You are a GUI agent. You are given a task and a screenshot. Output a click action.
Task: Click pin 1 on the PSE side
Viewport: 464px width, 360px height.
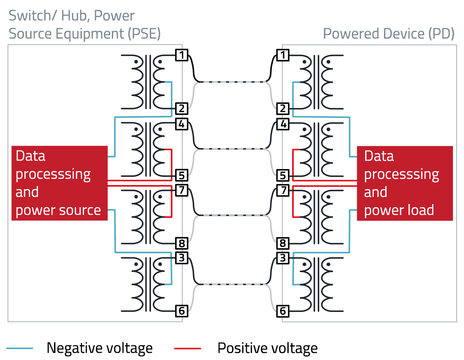click(181, 55)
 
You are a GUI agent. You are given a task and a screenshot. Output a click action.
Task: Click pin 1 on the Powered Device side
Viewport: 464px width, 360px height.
click(283, 55)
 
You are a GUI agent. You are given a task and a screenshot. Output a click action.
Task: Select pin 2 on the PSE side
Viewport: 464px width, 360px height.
click(181, 108)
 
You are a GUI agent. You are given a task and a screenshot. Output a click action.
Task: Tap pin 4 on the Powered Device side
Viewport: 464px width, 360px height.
click(283, 124)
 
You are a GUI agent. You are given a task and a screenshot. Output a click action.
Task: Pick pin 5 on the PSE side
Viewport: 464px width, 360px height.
click(181, 175)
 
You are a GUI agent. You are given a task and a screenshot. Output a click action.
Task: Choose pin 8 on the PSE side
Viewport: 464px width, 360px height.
click(181, 243)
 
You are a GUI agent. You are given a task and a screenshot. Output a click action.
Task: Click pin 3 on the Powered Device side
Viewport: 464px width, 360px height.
click(283, 258)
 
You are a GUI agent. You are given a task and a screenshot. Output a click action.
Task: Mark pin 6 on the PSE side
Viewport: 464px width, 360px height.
click(181, 311)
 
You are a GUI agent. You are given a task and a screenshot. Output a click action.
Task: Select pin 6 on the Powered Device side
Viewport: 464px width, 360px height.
click(283, 311)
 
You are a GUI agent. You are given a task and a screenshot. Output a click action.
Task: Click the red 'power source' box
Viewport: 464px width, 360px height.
click(60, 183)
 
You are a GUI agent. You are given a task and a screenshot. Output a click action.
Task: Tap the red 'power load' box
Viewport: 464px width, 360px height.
click(404, 183)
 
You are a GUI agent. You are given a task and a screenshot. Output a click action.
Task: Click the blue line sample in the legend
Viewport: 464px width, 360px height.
click(20, 349)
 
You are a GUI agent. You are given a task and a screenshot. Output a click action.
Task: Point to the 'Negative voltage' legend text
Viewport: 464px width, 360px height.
click(99, 348)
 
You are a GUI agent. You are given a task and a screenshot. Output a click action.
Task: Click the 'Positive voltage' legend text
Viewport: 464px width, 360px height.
click(267, 348)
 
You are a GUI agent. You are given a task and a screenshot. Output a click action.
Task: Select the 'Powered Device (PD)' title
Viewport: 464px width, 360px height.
click(389, 34)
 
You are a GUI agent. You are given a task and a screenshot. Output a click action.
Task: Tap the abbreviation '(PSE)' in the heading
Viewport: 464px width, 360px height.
click(144, 34)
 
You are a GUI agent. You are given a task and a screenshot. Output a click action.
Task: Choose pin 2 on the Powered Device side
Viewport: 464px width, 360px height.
click(283, 108)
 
